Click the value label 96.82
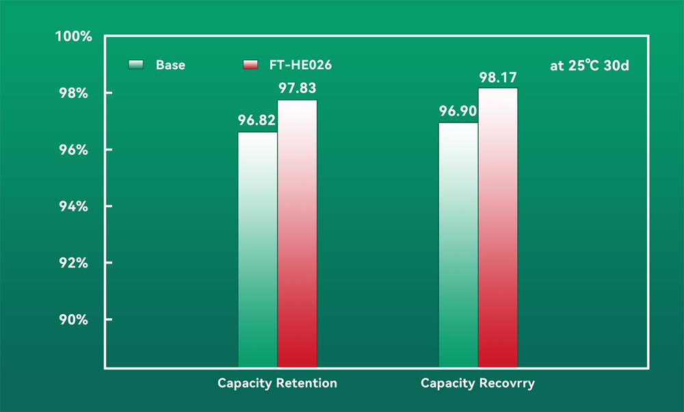[x=256, y=121]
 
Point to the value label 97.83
[x=297, y=89]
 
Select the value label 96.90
[x=458, y=112]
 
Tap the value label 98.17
[x=498, y=77]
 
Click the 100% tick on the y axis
[x=73, y=36]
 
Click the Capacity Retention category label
[x=277, y=383]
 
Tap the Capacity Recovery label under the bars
[x=477, y=383]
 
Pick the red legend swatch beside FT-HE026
[x=250, y=66]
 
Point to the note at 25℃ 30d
[x=589, y=66]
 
